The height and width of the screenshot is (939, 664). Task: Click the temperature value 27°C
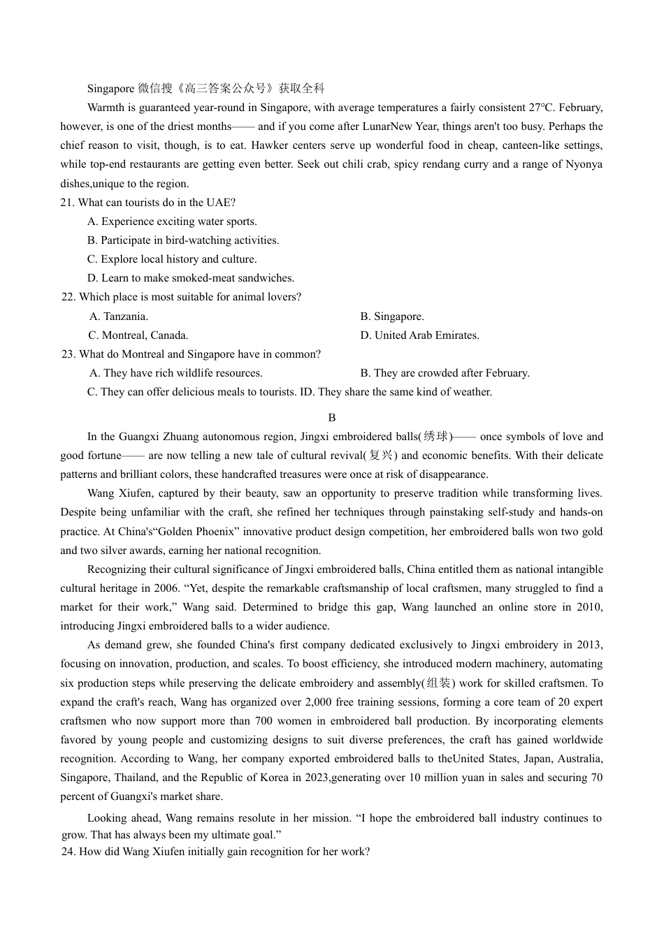click(541, 108)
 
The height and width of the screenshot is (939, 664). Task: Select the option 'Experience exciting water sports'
click(179, 221)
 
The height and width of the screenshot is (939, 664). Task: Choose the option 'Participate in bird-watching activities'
click(189, 240)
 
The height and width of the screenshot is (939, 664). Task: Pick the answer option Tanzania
click(125, 316)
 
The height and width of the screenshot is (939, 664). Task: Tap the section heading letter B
click(332, 418)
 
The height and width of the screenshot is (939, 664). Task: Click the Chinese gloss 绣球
click(435, 437)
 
